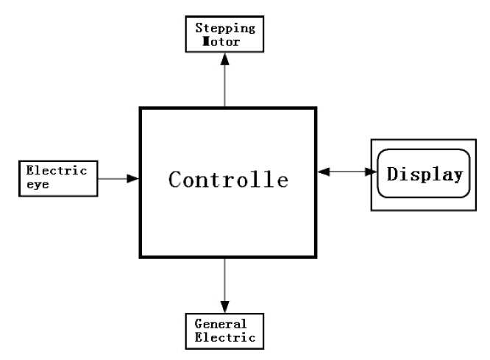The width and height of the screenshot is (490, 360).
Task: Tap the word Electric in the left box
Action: tap(57, 169)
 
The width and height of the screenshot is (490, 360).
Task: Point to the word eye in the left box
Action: tap(37, 182)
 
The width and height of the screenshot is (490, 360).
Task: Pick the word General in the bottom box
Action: tap(219, 325)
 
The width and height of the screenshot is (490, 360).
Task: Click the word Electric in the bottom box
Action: tap(225, 337)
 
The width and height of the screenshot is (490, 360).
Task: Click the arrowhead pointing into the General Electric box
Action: tap(226, 305)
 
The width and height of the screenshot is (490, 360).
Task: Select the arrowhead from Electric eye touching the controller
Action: tap(133, 178)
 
